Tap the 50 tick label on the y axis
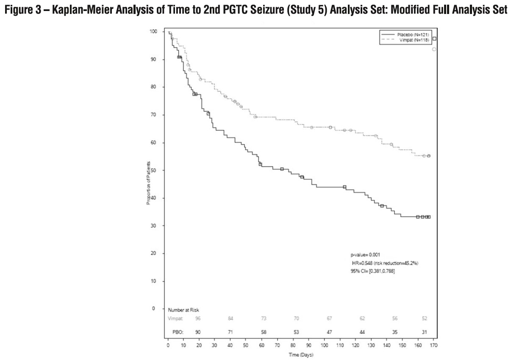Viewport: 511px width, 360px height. point(155,170)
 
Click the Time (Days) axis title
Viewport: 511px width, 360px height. point(301,355)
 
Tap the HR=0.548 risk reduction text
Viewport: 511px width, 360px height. point(383,263)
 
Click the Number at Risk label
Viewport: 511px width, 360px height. point(183,310)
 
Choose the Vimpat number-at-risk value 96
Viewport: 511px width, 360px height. point(198,318)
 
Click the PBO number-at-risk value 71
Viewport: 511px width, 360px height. point(231,332)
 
